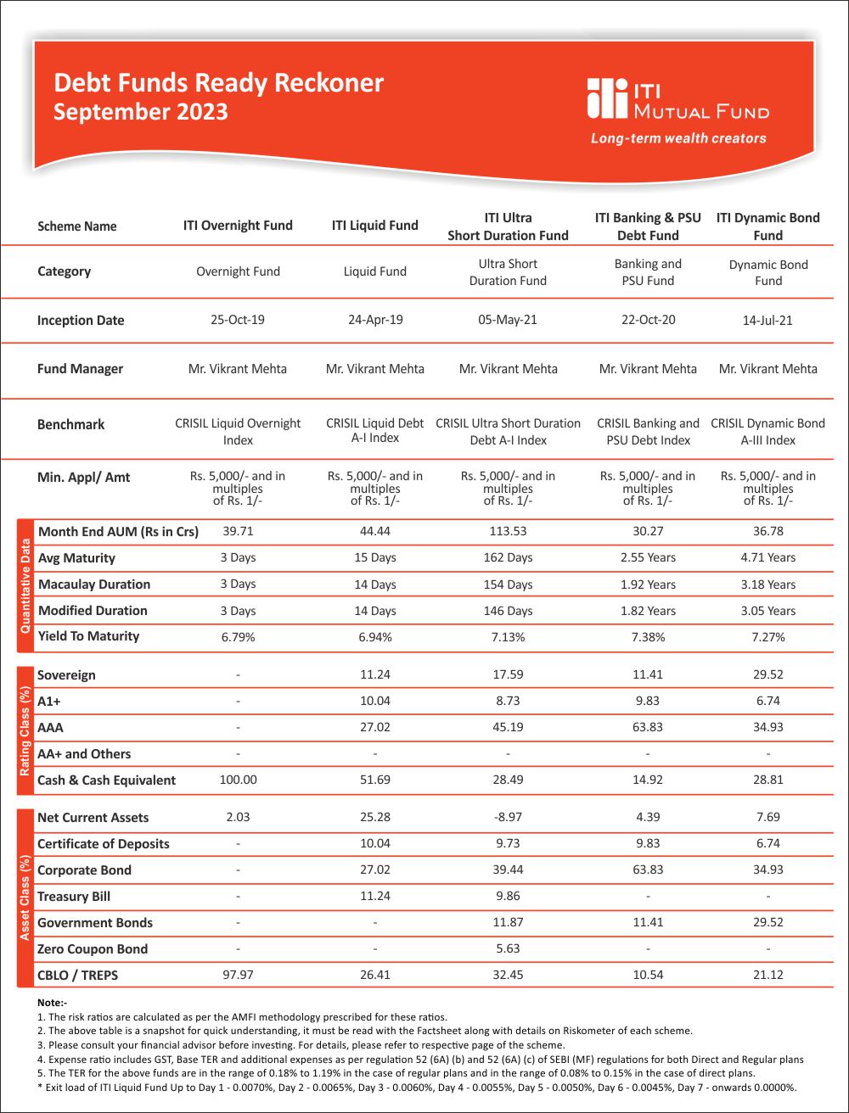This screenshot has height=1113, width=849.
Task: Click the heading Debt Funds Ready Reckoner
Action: pyautogui.click(x=218, y=83)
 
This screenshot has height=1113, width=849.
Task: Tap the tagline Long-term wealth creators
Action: pyautogui.click(x=678, y=138)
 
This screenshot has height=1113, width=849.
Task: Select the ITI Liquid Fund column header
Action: pyautogui.click(x=374, y=226)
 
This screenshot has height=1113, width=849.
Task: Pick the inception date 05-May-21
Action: pyautogui.click(x=508, y=320)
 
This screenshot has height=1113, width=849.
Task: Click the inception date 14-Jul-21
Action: pyautogui.click(x=767, y=321)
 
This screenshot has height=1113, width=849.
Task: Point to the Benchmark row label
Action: pyautogui.click(x=70, y=424)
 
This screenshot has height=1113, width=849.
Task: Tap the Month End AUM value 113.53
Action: pyautogui.click(x=508, y=531)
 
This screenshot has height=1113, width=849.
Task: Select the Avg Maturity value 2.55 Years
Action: pyautogui.click(x=648, y=557)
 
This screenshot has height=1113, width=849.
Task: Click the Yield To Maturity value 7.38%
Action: pyautogui.click(x=648, y=636)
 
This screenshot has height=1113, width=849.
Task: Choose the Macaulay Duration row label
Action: pyautogui.click(x=94, y=584)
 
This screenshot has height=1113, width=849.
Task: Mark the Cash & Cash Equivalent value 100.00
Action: pyautogui.click(x=238, y=780)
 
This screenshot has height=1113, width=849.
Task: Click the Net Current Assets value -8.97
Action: pyautogui.click(x=508, y=817)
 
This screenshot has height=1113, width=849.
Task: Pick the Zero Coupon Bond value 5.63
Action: pyautogui.click(x=508, y=948)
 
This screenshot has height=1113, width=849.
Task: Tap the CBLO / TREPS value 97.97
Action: pyautogui.click(x=238, y=975)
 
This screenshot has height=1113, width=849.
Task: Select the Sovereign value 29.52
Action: pyautogui.click(x=767, y=675)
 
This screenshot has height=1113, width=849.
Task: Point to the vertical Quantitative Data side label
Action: pyautogui.click(x=25, y=584)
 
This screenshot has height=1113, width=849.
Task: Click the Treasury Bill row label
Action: pyautogui.click(x=74, y=897)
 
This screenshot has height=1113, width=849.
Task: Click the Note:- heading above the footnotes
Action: pyautogui.click(x=52, y=1002)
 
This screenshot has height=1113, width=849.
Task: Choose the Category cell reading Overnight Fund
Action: pyautogui.click(x=238, y=271)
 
